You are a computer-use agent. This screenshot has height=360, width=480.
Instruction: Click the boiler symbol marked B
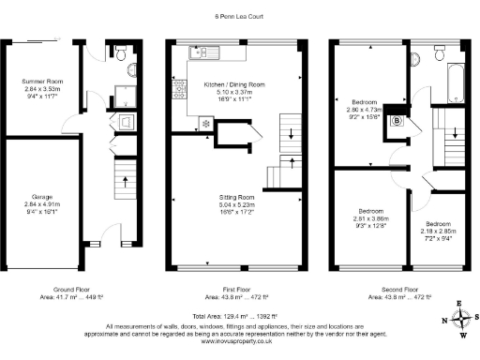(x=396, y=120)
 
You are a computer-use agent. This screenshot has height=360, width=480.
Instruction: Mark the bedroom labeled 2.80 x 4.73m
(x=367, y=109)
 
